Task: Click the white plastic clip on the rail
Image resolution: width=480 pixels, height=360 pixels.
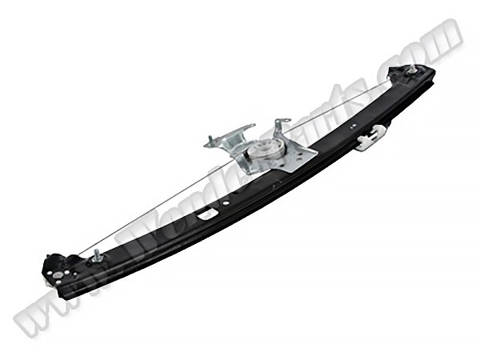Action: [370, 141]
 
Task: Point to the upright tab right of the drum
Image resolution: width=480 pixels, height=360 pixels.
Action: [281, 127]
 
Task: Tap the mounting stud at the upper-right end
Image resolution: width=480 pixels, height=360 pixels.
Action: [411, 71]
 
